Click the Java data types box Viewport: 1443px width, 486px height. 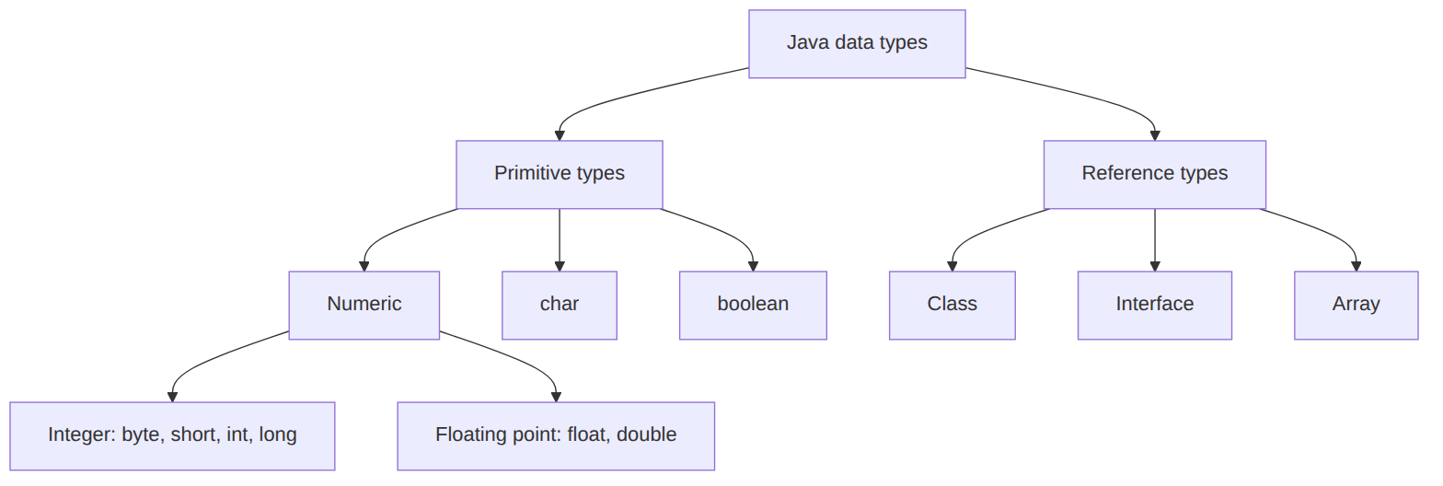point(857,44)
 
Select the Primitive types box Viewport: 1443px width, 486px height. point(560,175)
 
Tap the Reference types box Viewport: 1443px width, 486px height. point(1154,175)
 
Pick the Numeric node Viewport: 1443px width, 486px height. point(364,306)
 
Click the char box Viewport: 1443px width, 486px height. point(560,306)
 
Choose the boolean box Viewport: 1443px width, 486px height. point(753,306)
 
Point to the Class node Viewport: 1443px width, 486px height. point(952,306)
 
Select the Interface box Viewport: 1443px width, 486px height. point(1154,306)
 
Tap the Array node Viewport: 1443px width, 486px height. point(1356,306)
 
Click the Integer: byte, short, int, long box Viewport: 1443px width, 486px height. point(172,436)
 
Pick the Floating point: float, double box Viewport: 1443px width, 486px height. point(556,436)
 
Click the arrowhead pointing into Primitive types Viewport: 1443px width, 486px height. point(560,136)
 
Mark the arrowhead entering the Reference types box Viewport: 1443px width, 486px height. point(1154,136)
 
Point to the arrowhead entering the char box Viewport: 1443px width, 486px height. point(560,267)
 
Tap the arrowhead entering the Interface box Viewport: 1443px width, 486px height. point(1154,267)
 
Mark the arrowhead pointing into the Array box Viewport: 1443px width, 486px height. point(1356,267)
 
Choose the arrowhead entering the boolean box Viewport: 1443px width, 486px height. point(753,267)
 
